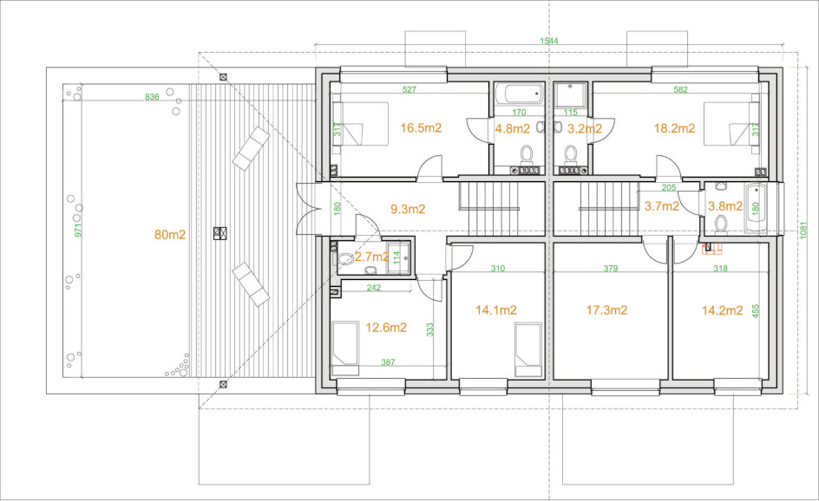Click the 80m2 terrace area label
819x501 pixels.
pos(170,235)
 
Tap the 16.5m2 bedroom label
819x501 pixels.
pos(421,128)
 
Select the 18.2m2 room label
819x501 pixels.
pos(674,128)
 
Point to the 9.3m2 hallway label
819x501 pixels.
pos(408,209)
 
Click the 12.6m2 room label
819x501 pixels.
pos(386,328)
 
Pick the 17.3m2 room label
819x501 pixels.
pos(606,310)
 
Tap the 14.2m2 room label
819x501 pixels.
pos(722,311)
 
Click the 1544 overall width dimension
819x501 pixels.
pos(548,41)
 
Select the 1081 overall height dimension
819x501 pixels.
pos(803,231)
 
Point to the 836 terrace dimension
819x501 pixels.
pos(152,97)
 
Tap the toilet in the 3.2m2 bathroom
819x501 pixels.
pos(570,155)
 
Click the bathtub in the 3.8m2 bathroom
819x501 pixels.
pos(756,209)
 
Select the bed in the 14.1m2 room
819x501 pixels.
pos(527,349)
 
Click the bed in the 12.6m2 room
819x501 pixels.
pos(346,348)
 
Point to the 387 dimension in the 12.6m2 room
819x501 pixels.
pos(388,362)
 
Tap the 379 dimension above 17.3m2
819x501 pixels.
pos(611,268)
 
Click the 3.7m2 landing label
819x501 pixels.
pos(662,206)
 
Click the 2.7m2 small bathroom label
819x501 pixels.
pos(372,257)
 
